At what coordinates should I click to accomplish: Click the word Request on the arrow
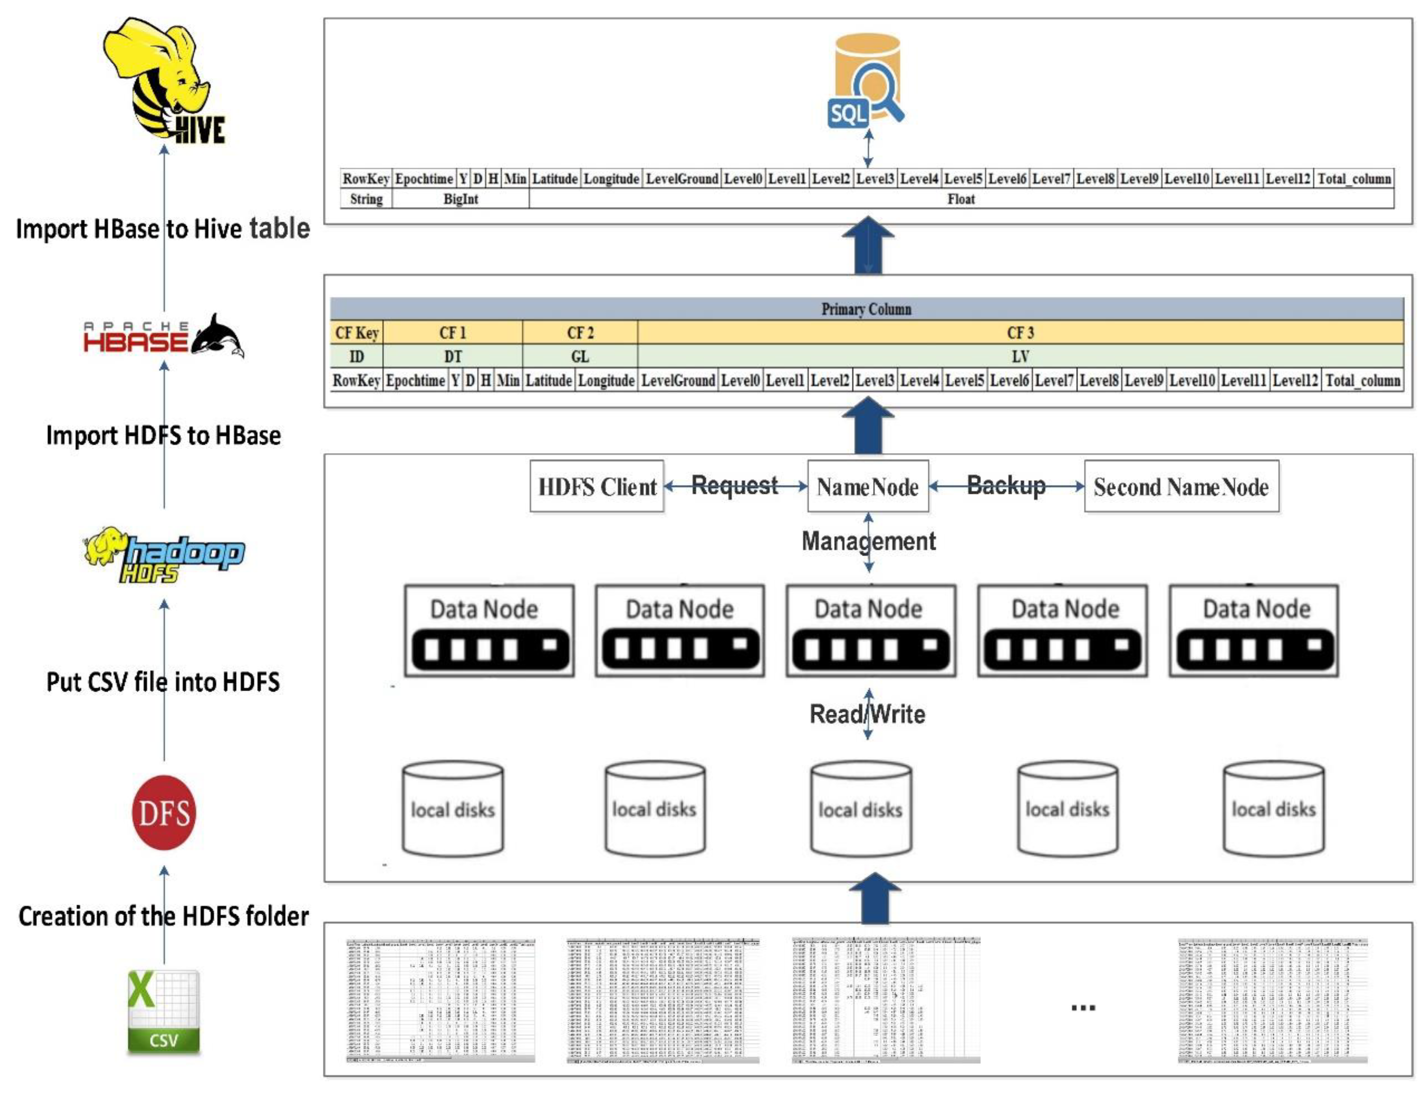734,485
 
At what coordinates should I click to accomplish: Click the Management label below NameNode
868,541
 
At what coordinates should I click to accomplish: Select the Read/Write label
867,714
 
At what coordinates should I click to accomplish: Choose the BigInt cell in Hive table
460,199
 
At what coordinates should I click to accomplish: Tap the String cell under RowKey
366,199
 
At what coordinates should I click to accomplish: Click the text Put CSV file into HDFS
163,682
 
